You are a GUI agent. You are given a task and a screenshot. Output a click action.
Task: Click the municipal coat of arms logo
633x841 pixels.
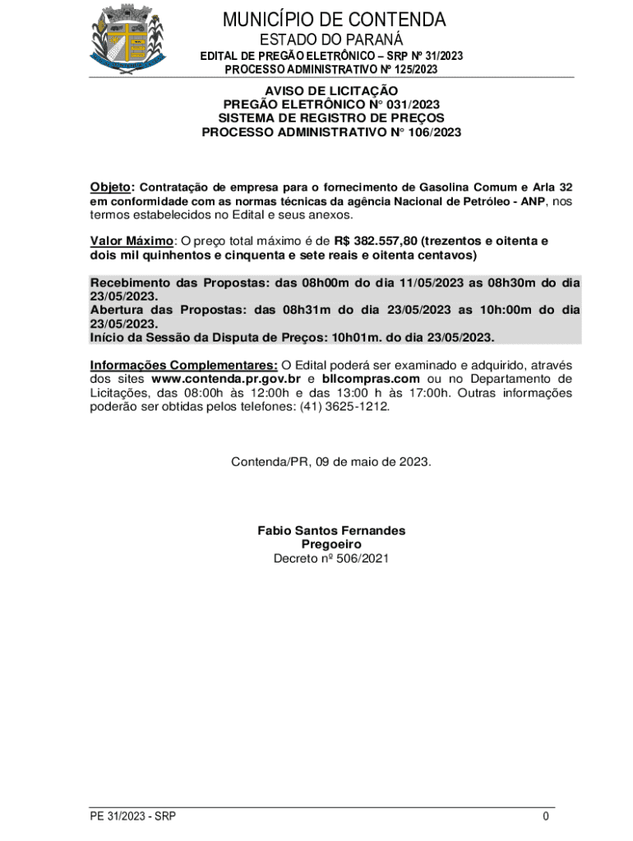click(127, 38)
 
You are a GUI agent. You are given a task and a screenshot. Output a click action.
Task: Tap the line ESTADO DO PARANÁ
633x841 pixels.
click(331, 39)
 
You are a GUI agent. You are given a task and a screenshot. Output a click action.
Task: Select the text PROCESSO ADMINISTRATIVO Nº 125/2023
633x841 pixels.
click(331, 70)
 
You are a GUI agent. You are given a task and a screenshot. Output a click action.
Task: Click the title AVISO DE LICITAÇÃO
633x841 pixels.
click(331, 90)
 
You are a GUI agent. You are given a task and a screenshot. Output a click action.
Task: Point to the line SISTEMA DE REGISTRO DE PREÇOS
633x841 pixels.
click(331, 117)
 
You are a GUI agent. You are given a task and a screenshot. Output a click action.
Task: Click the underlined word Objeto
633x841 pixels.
click(110, 186)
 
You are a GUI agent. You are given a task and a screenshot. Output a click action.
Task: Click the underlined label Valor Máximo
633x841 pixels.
click(132, 241)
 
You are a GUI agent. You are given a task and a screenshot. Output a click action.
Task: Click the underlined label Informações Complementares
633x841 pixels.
click(183, 365)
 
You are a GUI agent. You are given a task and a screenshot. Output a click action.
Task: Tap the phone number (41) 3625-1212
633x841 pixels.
click(350, 407)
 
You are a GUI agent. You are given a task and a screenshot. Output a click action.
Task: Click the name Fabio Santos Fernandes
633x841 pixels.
click(331, 531)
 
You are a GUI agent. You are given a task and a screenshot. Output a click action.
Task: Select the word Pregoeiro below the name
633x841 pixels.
click(331, 545)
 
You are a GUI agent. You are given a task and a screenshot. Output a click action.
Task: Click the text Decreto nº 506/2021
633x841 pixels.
click(331, 558)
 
